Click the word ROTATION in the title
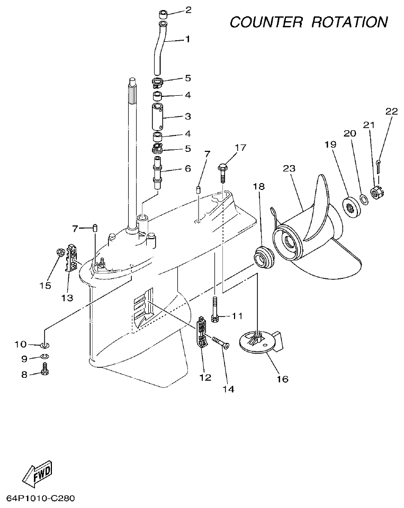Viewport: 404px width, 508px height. pyautogui.click(x=349, y=22)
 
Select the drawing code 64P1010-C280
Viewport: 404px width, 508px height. pyautogui.click(x=41, y=498)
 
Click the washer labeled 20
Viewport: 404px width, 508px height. pyautogui.click(x=364, y=199)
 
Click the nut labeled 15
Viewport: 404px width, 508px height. pyautogui.click(x=59, y=252)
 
